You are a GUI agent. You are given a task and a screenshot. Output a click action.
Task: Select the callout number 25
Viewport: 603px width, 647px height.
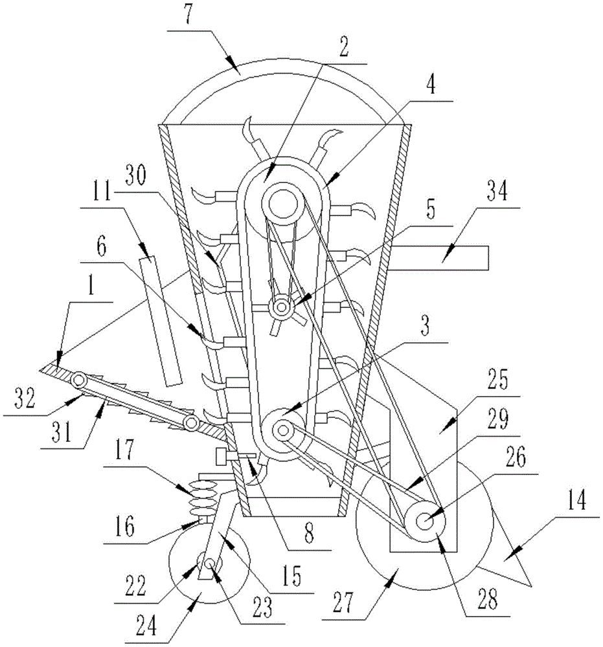tap(497, 380)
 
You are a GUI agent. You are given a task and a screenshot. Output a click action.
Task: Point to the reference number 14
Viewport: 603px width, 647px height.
tap(576, 500)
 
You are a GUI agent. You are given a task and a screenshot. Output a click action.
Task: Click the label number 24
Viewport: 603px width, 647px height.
tap(146, 625)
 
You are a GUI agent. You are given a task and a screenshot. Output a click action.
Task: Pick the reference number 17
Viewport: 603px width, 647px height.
tap(124, 450)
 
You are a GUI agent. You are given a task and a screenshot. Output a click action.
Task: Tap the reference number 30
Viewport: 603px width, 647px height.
tap(136, 175)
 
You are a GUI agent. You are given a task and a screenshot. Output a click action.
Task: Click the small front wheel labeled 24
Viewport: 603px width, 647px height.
tap(209, 564)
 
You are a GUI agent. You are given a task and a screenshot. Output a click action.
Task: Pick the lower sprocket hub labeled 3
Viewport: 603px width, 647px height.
tap(283, 431)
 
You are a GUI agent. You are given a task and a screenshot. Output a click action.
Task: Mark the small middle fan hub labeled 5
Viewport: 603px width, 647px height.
tap(282, 307)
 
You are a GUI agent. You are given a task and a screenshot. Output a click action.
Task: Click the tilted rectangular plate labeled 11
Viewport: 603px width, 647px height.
tap(161, 321)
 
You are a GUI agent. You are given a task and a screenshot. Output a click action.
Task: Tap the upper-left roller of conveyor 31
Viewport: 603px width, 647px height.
tap(78, 378)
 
